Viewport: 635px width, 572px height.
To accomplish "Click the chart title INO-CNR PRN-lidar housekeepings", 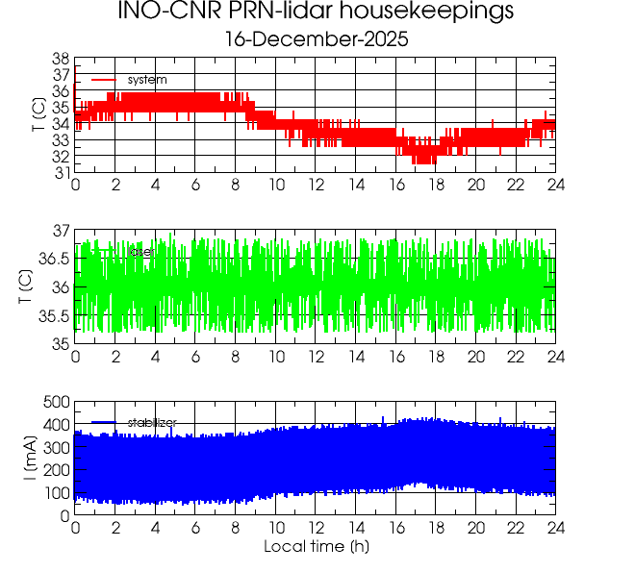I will tap(316, 12).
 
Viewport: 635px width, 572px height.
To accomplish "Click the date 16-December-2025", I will tap(316, 39).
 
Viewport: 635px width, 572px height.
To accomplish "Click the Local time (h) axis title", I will tap(316, 547).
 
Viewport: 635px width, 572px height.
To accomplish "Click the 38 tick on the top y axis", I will tap(60, 59).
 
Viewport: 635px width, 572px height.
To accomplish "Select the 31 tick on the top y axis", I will tap(60, 172).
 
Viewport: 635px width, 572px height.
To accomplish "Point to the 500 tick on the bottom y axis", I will tap(56, 402).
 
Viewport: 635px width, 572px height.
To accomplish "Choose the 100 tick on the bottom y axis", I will tap(56, 493).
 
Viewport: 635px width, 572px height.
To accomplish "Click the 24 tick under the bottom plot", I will tap(555, 529).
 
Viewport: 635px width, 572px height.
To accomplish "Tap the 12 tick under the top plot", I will tap(316, 185).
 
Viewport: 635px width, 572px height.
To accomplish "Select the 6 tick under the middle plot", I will tap(195, 356).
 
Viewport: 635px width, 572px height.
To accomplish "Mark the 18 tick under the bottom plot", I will tap(436, 529).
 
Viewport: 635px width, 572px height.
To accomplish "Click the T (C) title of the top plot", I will tap(38, 115).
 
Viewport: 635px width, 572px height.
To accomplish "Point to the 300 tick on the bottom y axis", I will tap(56, 447).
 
